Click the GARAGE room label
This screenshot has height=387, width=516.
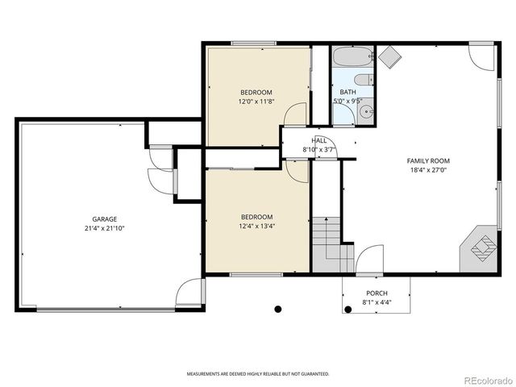click(x=104, y=219)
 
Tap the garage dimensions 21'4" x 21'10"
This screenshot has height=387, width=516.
click(x=104, y=228)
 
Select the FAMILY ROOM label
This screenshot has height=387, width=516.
click(x=427, y=161)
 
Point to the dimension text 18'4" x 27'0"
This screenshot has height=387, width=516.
click(x=427, y=170)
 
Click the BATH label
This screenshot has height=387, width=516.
click(x=347, y=93)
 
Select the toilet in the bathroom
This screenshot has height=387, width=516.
click(x=364, y=79)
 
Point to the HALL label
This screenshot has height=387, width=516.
click(x=319, y=140)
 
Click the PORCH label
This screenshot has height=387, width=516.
click(x=377, y=293)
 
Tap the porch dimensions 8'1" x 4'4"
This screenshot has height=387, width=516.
click(x=377, y=302)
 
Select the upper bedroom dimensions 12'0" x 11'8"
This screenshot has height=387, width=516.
click(x=256, y=102)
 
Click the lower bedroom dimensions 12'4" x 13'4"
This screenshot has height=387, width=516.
click(x=256, y=227)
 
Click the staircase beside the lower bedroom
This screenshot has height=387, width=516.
click(x=331, y=242)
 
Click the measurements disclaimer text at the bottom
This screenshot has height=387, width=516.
click(x=258, y=374)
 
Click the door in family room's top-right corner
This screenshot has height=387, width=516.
click(x=482, y=56)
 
